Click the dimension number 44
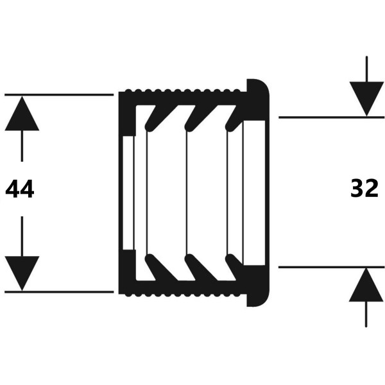(20, 189)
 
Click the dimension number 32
(364, 188)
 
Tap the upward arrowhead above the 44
(22, 113)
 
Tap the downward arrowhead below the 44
(22, 273)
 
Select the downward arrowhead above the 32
(366, 99)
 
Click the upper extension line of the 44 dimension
(59, 94)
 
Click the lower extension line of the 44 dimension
(59, 292)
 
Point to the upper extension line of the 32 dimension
(332, 117)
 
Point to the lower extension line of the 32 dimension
(332, 267)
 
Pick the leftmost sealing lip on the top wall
(161, 118)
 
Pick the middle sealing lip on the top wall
(201, 118)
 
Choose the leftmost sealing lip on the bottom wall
(161, 267)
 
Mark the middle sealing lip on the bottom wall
(201, 267)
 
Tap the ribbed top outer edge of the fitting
(183, 91)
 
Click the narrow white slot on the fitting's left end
(128, 193)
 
